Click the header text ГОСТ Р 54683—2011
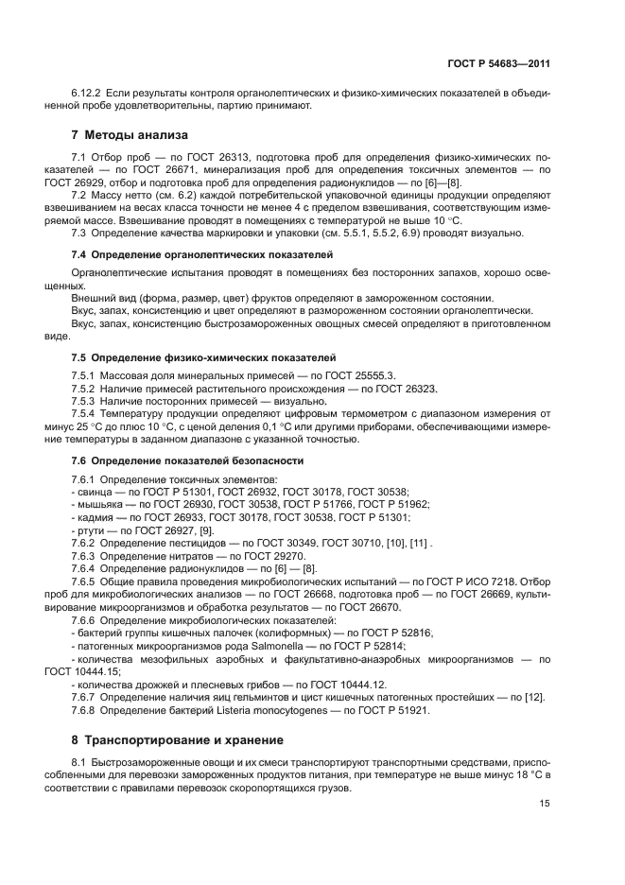498,64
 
